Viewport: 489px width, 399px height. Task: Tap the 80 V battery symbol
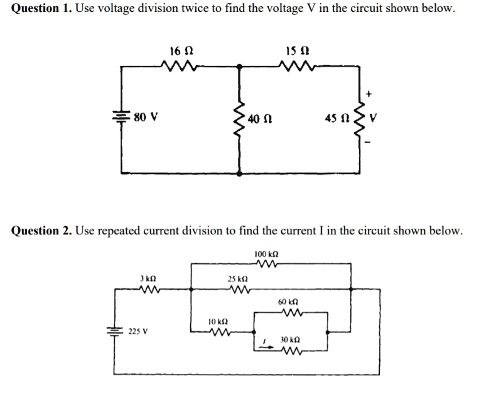[x=121, y=117]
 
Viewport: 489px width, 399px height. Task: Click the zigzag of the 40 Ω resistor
[x=239, y=119]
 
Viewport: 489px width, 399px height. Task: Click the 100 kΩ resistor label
[x=267, y=254]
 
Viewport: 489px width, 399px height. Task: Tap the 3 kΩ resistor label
[x=148, y=278]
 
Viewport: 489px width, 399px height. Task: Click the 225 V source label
[x=139, y=331]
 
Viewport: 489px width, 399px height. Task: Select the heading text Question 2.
[x=41, y=231]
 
